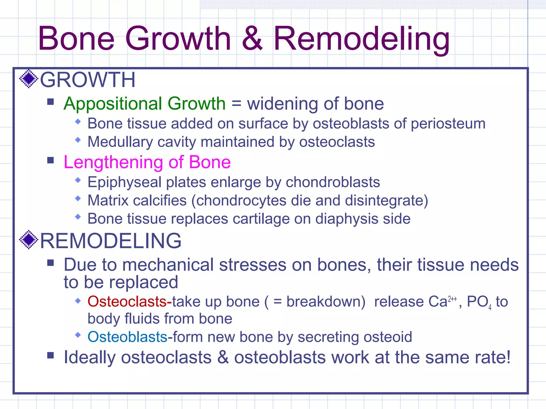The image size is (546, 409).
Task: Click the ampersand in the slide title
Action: click(x=252, y=39)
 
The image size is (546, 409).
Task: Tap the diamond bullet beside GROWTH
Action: click(x=29, y=79)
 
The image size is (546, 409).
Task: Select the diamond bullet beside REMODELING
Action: click(x=29, y=240)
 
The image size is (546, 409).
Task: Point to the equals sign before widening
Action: click(x=236, y=104)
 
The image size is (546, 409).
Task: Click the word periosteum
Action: click(x=448, y=124)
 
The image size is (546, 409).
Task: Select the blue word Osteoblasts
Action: click(x=127, y=337)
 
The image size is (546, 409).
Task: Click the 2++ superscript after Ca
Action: click(x=452, y=299)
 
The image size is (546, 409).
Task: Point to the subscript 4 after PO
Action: click(x=490, y=308)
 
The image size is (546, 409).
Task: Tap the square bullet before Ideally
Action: click(x=50, y=355)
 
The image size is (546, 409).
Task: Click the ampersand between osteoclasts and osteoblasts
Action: click(x=223, y=357)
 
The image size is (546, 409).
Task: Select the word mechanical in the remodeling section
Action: click(x=168, y=265)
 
